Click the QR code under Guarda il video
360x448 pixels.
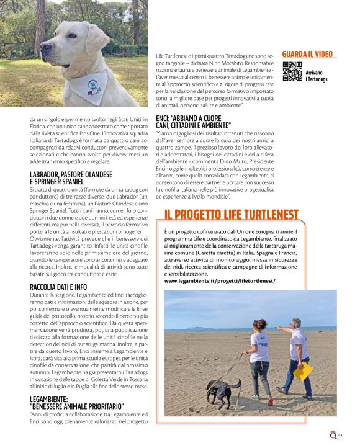292,71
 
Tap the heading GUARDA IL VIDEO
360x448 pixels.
308,54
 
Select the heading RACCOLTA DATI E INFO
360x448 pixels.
58,287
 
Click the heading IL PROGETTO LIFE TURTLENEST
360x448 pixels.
232,215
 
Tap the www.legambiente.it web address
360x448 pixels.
219,280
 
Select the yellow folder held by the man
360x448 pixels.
303,372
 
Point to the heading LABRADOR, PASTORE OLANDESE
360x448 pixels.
71,175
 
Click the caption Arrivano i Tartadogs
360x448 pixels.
317,76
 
